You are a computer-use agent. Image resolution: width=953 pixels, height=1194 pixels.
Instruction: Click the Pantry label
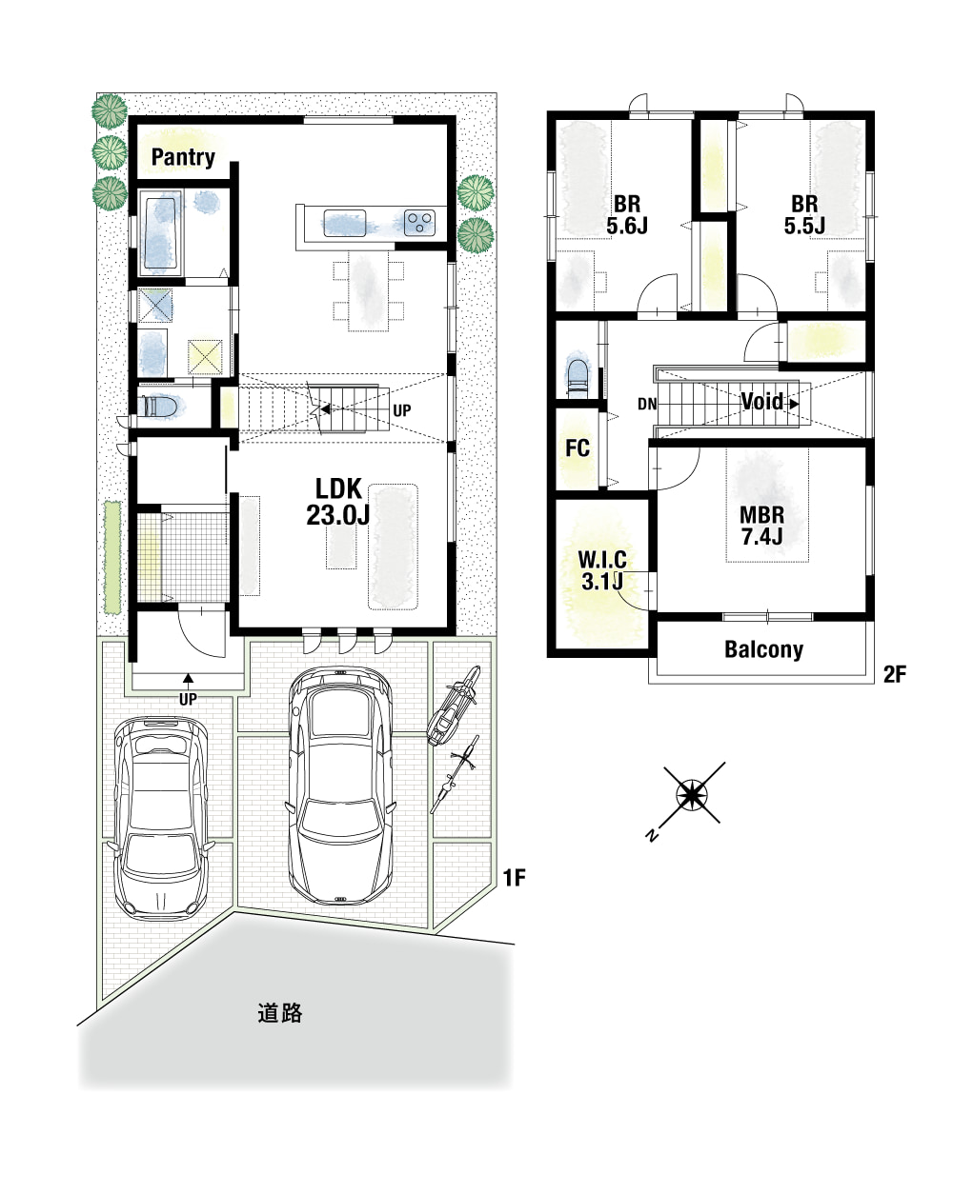click(x=183, y=157)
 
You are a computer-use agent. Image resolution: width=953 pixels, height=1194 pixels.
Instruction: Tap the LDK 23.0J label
click(x=337, y=502)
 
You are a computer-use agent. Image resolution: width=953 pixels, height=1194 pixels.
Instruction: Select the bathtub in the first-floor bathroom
click(x=161, y=232)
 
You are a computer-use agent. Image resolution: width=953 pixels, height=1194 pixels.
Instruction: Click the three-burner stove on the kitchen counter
click(x=419, y=223)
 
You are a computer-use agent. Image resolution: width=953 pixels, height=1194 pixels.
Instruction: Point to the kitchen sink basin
click(x=344, y=223)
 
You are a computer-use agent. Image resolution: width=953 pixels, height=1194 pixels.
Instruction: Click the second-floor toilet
click(x=578, y=377)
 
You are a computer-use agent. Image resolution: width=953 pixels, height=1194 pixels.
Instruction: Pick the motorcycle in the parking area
click(x=454, y=705)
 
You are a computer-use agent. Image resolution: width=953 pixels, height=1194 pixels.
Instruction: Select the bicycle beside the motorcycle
click(x=455, y=773)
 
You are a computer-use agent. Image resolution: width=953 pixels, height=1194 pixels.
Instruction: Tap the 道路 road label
click(x=280, y=1014)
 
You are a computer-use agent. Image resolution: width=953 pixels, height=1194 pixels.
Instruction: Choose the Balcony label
click(x=763, y=649)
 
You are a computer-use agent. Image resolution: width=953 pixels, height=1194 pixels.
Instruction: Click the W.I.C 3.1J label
click(x=602, y=570)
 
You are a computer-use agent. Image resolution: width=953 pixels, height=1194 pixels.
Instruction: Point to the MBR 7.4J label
click(x=762, y=526)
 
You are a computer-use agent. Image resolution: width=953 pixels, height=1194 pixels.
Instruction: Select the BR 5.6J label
click(x=627, y=215)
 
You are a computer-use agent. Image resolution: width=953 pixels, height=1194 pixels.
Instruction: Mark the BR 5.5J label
click(x=804, y=215)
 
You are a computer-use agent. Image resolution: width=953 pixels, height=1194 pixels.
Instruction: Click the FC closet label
click(x=577, y=448)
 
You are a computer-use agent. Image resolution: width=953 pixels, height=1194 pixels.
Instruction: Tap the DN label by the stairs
click(x=647, y=404)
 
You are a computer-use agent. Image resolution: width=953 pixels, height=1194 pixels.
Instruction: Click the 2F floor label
click(x=895, y=674)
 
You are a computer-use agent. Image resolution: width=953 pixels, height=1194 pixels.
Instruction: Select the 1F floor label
click(x=515, y=878)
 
